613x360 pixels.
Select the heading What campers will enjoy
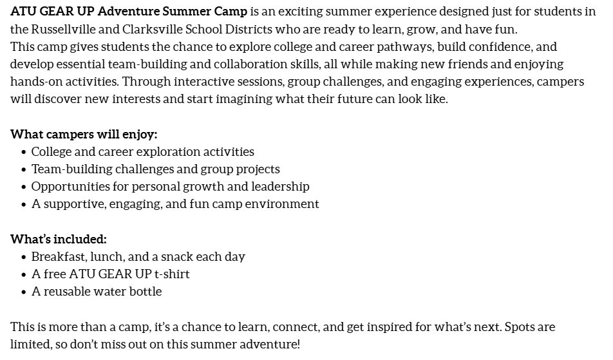pyautogui.click(x=84, y=135)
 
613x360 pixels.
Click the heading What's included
pyautogui.click(x=59, y=239)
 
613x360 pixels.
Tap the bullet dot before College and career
pyautogui.click(x=24, y=152)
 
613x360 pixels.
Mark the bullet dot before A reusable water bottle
pyautogui.click(x=24, y=292)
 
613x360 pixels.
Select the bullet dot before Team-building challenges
pyautogui.click(x=24, y=169)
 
